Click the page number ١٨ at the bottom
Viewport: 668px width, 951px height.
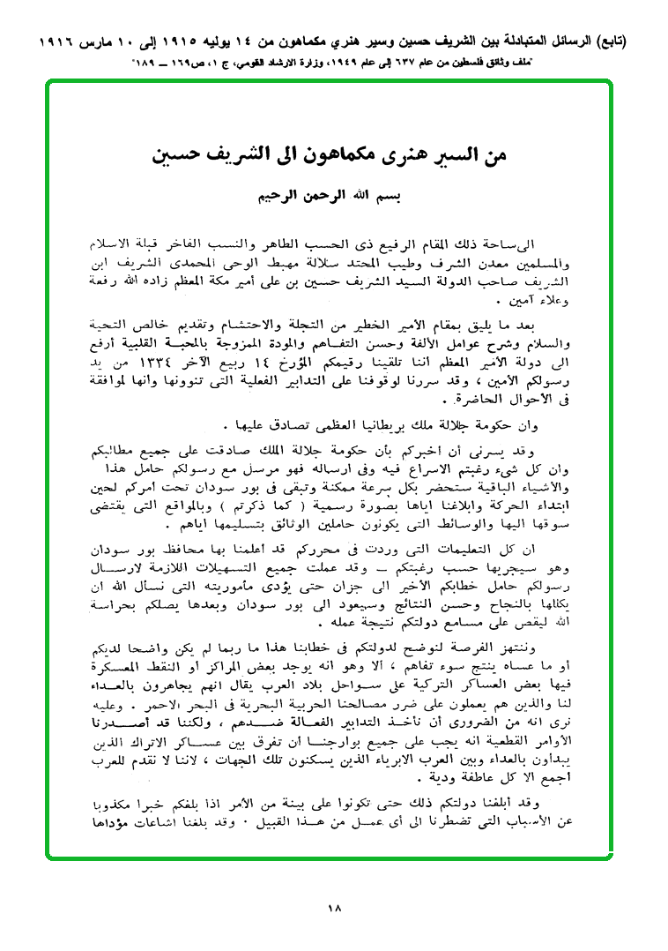click(x=333, y=907)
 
